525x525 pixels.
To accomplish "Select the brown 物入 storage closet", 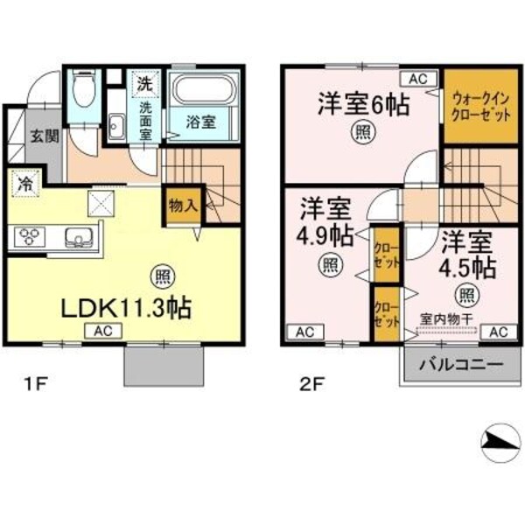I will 182,207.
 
